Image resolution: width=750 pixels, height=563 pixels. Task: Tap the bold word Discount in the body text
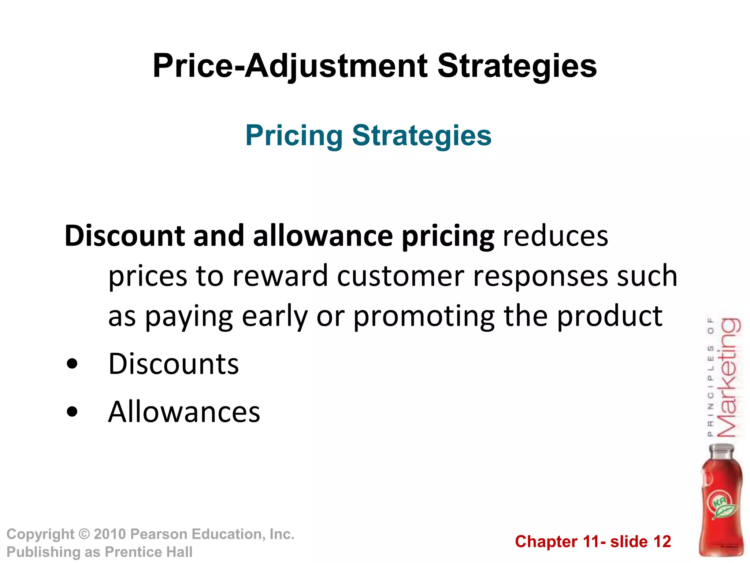[x=125, y=236]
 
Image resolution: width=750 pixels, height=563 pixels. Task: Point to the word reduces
[x=555, y=236]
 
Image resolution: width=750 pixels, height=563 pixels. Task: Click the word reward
[x=280, y=276]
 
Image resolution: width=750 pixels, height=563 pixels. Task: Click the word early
[x=275, y=316]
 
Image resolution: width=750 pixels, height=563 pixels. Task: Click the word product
[x=609, y=316]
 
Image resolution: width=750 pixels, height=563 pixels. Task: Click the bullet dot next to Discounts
[x=73, y=364]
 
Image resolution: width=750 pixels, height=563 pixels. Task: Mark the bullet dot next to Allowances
[x=73, y=412]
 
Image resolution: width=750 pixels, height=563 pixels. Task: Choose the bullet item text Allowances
[x=184, y=412]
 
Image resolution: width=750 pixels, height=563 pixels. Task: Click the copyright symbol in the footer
[x=84, y=534]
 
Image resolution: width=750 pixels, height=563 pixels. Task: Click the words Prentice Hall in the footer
[x=148, y=552]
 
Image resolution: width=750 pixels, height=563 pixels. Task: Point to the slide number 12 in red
[x=662, y=541]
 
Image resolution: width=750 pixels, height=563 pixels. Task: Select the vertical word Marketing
[x=729, y=378]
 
